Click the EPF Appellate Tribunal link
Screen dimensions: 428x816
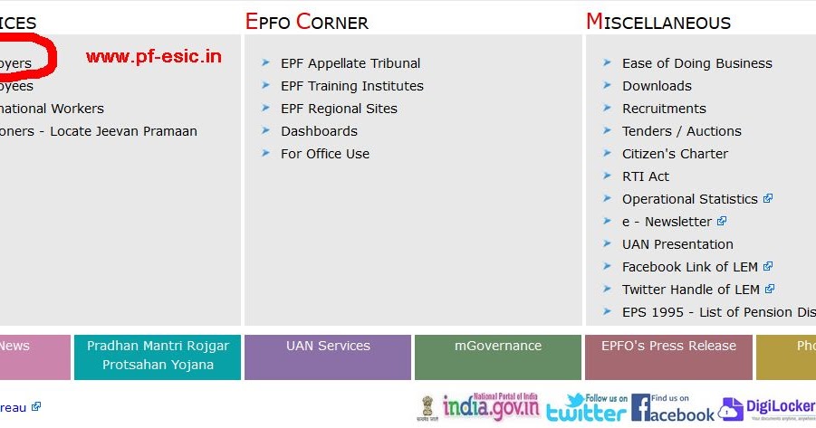pos(350,63)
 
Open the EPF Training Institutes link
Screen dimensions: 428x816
pos(351,86)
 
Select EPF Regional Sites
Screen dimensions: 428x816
pos(339,109)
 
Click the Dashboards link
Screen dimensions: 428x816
pos(319,131)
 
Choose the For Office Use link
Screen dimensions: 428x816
pos(325,154)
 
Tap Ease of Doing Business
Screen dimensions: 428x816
pos(696,63)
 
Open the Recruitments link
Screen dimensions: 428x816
pos(664,109)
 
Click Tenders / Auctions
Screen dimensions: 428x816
pos(681,131)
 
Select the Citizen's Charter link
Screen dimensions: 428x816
pos(675,154)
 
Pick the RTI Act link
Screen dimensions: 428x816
pos(646,176)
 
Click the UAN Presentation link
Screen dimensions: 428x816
pos(677,244)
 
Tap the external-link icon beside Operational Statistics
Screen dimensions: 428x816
pos(768,198)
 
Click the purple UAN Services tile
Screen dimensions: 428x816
pos(328,357)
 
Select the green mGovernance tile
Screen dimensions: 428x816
pos(498,357)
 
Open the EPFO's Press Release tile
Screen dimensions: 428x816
pos(668,357)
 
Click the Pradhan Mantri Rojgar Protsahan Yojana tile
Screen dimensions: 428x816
pos(158,357)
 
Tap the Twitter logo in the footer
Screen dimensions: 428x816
pos(586,408)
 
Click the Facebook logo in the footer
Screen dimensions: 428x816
pos(672,408)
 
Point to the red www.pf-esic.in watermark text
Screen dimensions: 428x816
pos(154,57)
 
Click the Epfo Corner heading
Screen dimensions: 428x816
pos(306,22)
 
